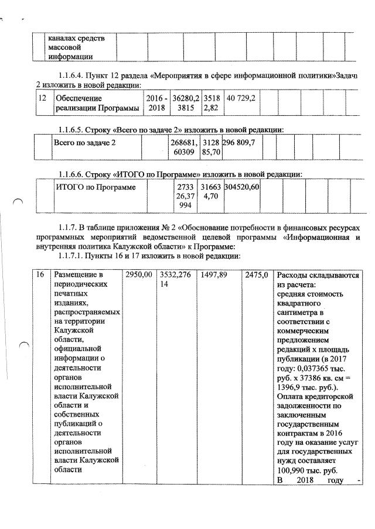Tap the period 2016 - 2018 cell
coord(156,103)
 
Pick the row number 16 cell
coord(40,275)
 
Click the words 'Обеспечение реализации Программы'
coord(96,103)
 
